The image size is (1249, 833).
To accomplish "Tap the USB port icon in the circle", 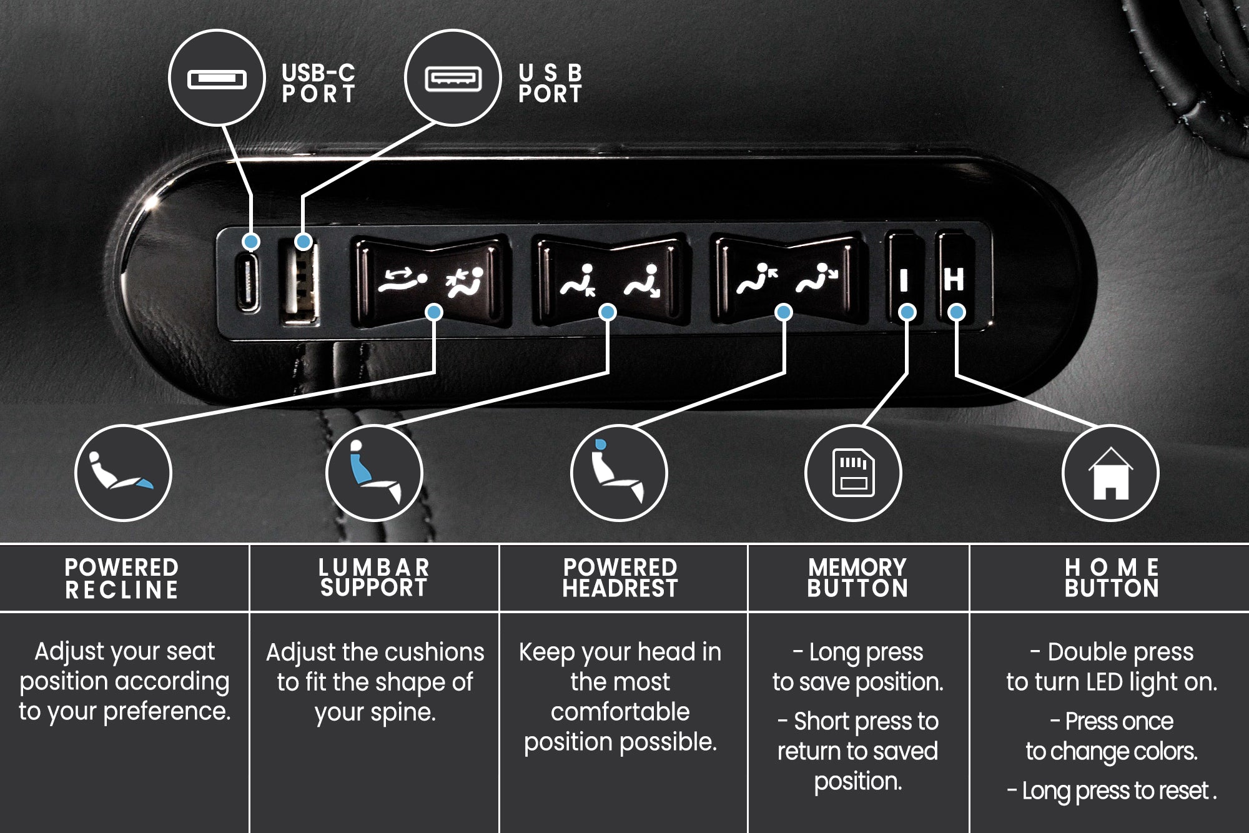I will point(453,79).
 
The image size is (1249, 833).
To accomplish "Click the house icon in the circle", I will point(1110,473).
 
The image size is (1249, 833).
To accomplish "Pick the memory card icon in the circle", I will point(853,473).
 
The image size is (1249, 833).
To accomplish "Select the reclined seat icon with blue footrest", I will point(122,473).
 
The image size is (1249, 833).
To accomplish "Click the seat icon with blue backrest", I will point(374,473).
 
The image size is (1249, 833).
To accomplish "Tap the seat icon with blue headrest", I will point(618,473).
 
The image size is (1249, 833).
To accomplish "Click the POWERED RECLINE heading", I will point(122,578).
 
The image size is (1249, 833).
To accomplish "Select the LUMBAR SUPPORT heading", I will point(374,578).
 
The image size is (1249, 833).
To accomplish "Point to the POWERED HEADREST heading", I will point(620,578).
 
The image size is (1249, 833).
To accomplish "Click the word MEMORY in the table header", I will point(857,568).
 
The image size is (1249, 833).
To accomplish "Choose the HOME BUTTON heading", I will point(1112,578).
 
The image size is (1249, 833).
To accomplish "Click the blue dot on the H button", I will point(956,312).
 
